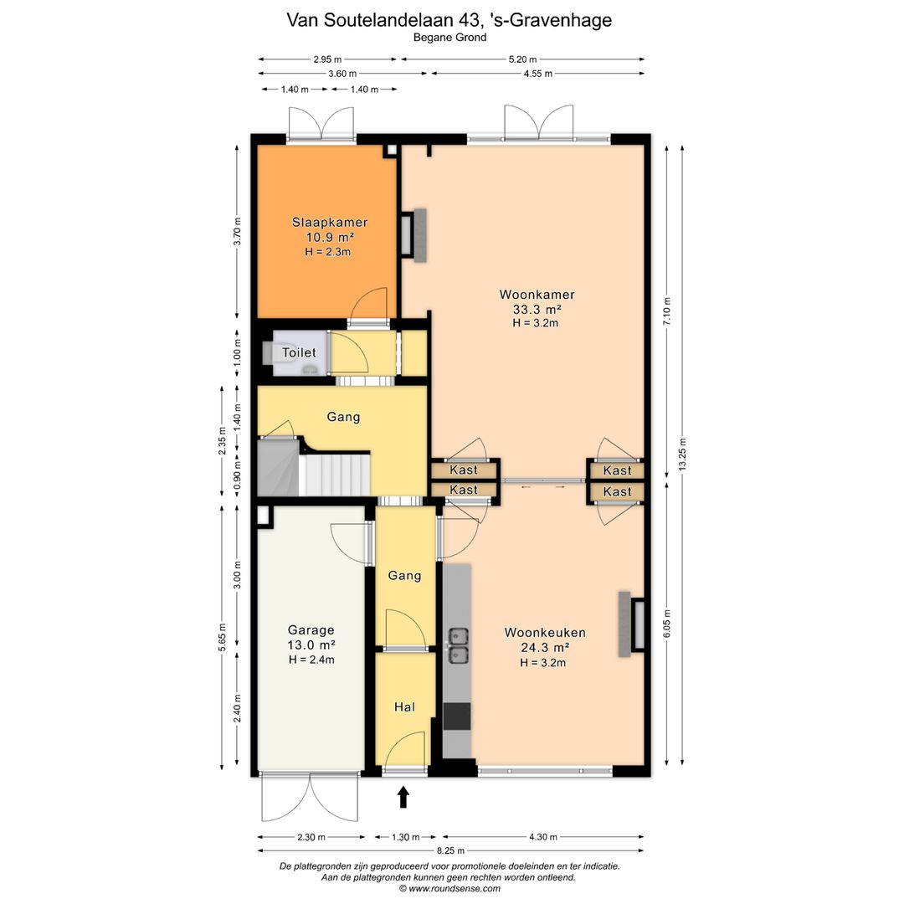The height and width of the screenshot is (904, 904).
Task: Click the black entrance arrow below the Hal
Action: pos(403,797)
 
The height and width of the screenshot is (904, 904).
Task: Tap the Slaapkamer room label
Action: pos(330,222)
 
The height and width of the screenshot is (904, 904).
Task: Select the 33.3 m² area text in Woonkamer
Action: pos(537,309)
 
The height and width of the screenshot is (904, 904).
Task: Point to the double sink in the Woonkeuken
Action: pos(459,645)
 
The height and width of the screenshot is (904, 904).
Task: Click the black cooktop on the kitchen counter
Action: pos(457,716)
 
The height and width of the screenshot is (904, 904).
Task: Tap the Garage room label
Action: pos(311,630)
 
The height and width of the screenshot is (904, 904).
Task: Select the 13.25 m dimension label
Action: pos(683,455)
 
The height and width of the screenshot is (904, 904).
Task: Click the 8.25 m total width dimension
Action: pos(450,850)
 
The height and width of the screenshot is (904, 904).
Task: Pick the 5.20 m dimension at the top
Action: pos(522,59)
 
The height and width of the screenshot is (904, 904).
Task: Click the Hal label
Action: pos(405,706)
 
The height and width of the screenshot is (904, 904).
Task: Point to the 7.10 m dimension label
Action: pos(667,311)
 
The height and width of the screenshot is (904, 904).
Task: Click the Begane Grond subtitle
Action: pos(449,38)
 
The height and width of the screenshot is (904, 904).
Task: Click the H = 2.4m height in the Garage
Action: pos(311,660)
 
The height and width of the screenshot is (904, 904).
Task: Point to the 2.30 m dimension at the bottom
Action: pos(311,837)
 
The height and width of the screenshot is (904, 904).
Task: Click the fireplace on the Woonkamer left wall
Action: pos(414,235)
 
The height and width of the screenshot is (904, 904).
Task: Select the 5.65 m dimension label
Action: pos(222,638)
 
